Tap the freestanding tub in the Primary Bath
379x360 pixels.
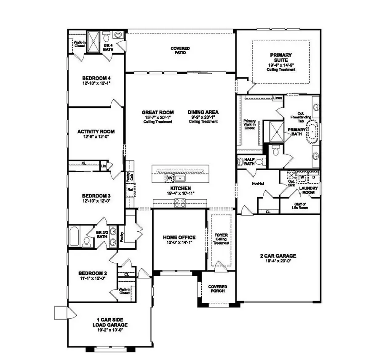click(x=312, y=132)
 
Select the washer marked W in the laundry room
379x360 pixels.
click(x=302, y=177)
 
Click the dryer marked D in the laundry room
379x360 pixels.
click(x=313, y=177)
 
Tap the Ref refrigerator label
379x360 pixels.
click(x=130, y=189)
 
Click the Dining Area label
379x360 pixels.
click(x=203, y=112)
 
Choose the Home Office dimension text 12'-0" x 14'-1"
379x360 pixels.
click(x=179, y=242)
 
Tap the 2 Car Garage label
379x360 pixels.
click(x=278, y=256)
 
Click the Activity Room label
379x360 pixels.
click(x=96, y=131)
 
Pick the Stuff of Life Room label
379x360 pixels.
click(x=300, y=206)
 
